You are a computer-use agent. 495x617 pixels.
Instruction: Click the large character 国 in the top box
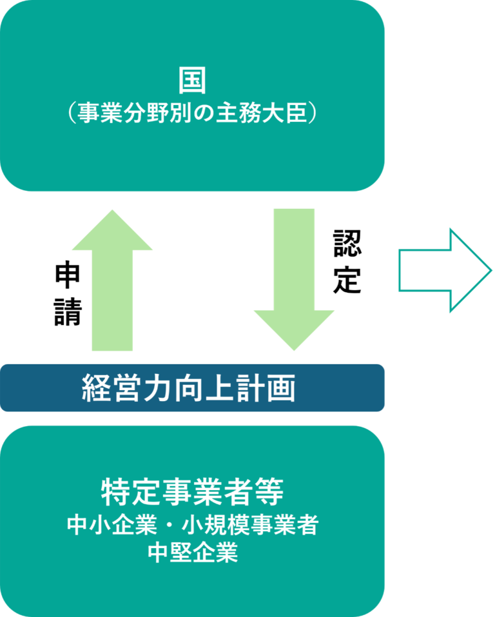[x=192, y=84]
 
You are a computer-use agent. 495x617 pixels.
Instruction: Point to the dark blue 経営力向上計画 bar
[x=192, y=388]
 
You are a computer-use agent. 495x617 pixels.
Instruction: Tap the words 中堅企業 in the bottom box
[x=192, y=553]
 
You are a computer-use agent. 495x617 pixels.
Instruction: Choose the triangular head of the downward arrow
[x=294, y=329]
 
